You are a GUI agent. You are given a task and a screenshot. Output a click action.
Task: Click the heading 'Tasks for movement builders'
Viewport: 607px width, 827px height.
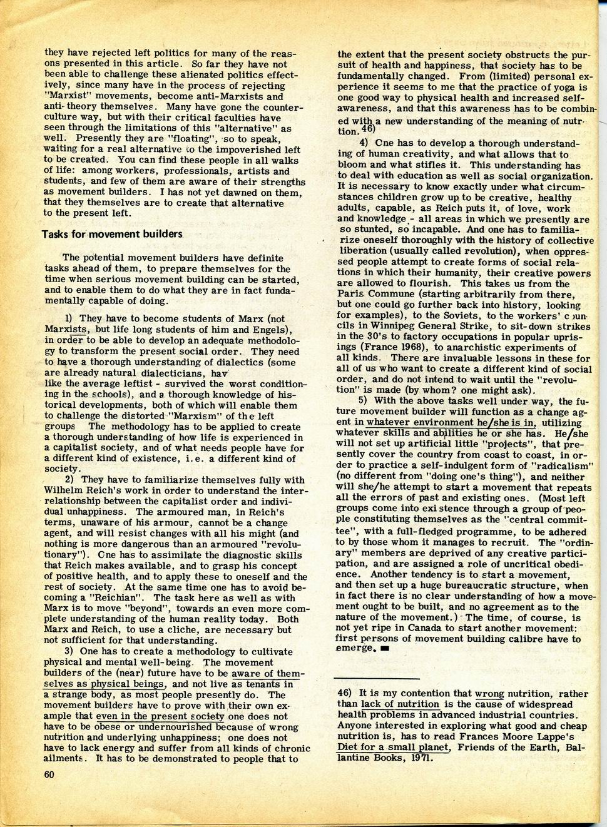(112, 234)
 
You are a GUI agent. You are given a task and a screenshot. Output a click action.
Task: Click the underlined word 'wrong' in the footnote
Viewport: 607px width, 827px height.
(489, 694)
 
